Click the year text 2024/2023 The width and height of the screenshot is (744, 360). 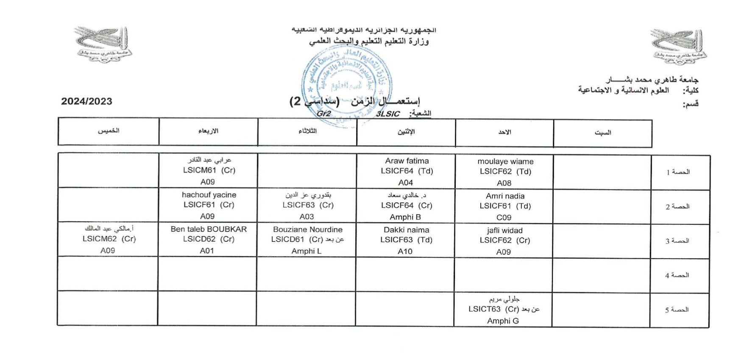point(86,101)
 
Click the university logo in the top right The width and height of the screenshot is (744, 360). point(679,47)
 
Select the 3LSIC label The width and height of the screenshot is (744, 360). point(388,114)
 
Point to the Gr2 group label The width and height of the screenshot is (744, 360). point(323,114)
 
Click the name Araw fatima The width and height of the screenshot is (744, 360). point(407,161)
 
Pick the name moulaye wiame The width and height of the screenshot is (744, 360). point(505,162)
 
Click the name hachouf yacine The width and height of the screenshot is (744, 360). point(209,195)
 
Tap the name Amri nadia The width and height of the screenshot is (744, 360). point(505,196)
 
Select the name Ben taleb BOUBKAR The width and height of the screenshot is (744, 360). point(209,229)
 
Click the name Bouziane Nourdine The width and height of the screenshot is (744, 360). point(307,229)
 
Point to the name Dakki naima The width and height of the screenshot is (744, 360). point(406,230)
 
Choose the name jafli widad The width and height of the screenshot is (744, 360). point(504,230)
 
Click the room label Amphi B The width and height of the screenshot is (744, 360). point(405,217)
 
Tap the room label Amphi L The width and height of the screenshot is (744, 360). point(306,251)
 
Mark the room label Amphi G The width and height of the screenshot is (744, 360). point(503,321)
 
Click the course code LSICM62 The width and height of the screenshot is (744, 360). point(100,239)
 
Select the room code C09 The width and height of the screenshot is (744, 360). point(504,218)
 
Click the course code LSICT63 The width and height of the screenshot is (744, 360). point(485,309)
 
